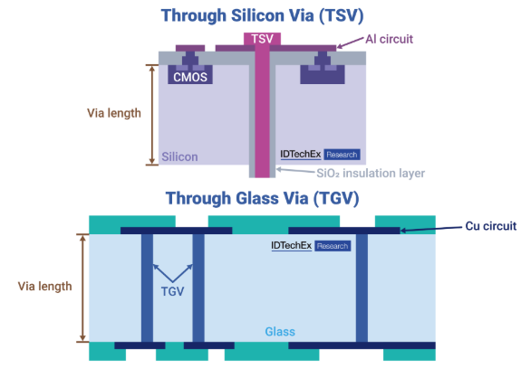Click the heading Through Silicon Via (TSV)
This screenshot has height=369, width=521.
pyautogui.click(x=262, y=15)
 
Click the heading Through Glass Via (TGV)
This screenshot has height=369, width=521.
pyautogui.click(x=262, y=198)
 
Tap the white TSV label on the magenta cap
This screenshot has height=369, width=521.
pyautogui.click(x=262, y=39)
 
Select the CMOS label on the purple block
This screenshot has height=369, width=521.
pyautogui.click(x=190, y=77)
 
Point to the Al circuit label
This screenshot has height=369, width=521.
pyautogui.click(x=389, y=39)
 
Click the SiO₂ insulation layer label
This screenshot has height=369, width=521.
pyautogui.click(x=371, y=173)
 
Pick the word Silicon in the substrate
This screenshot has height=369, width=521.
pyautogui.click(x=179, y=156)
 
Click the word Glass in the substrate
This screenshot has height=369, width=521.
pyautogui.click(x=280, y=332)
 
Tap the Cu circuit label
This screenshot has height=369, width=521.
pyautogui.click(x=491, y=226)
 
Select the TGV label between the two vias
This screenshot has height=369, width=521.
pyautogui.click(x=172, y=291)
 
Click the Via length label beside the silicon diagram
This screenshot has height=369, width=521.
pyautogui.click(x=114, y=113)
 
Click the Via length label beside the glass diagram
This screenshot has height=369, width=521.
pyautogui.click(x=45, y=286)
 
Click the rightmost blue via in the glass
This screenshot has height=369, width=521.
pyautogui.click(x=362, y=288)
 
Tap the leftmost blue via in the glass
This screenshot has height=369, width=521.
pyautogui.click(x=147, y=288)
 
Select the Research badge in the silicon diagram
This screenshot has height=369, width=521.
pyautogui.click(x=342, y=155)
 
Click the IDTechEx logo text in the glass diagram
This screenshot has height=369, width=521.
pyautogui.click(x=292, y=246)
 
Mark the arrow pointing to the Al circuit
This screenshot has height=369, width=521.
pyautogui.click(x=350, y=43)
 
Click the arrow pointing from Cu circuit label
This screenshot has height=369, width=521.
pyautogui.click(x=431, y=229)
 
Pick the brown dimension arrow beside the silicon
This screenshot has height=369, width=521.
pyautogui.click(x=152, y=115)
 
